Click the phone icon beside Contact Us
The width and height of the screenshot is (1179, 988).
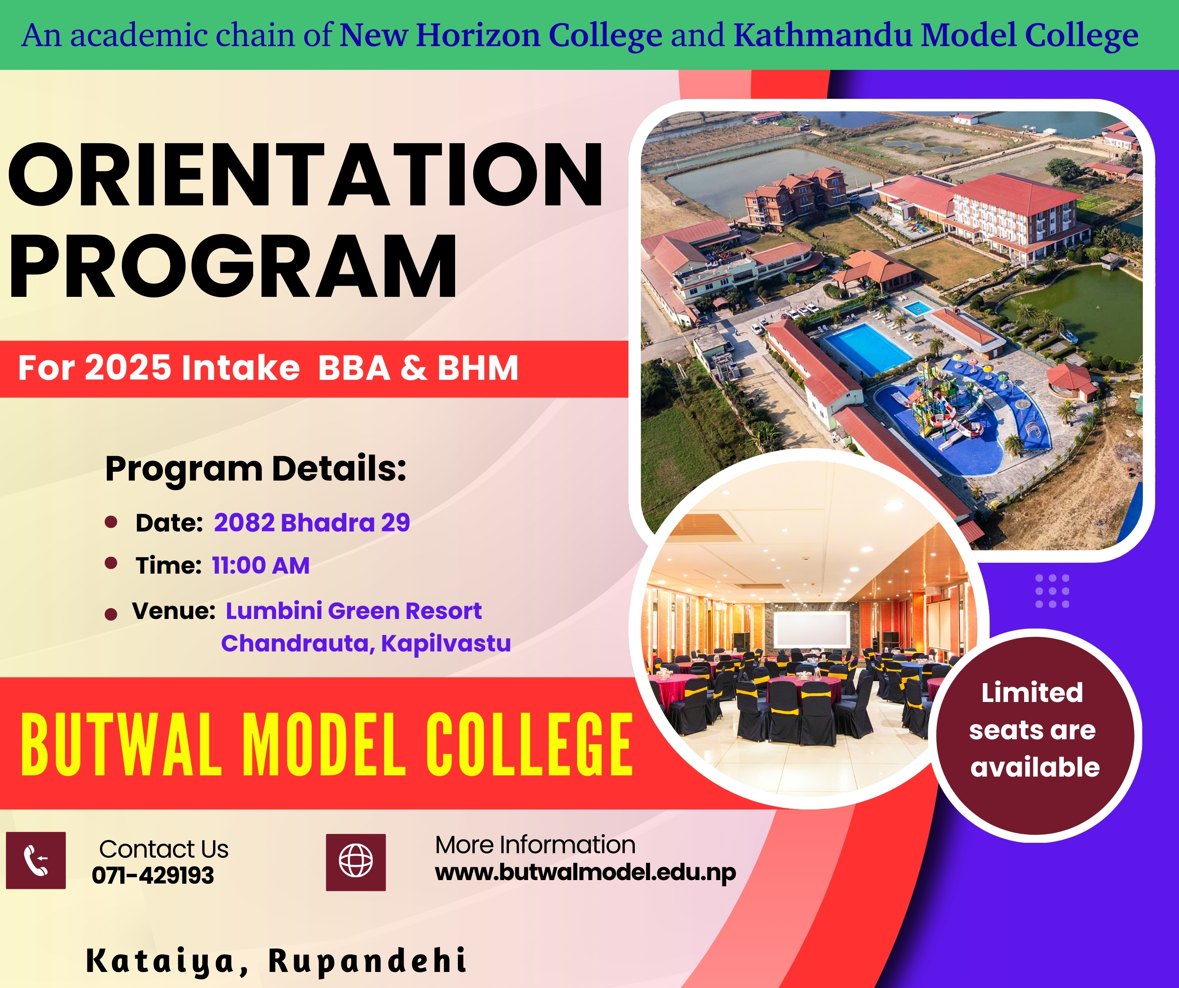pos(36,860)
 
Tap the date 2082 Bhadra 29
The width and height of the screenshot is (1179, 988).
pos(312,523)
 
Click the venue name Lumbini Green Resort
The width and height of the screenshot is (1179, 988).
pos(354,611)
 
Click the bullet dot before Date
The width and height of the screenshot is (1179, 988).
pos(111,522)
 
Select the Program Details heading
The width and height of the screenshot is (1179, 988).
pos(256,469)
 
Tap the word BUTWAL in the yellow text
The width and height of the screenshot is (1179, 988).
pos(121,745)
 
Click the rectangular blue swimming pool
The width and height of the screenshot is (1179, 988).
pos(868,349)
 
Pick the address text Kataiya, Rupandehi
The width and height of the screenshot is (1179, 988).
pos(276,960)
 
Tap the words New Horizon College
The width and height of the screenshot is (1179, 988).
pos(501,35)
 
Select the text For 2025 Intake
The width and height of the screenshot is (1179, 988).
pos(159,368)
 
